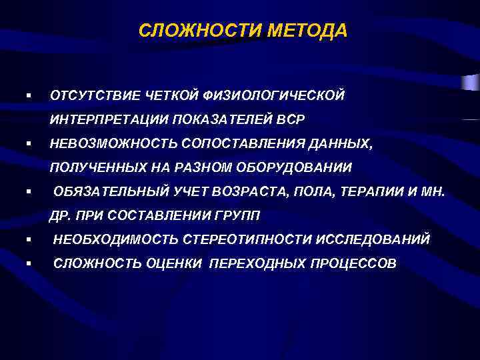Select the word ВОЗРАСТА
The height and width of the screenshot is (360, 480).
245,193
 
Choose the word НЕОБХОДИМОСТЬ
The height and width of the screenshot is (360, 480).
115,239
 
